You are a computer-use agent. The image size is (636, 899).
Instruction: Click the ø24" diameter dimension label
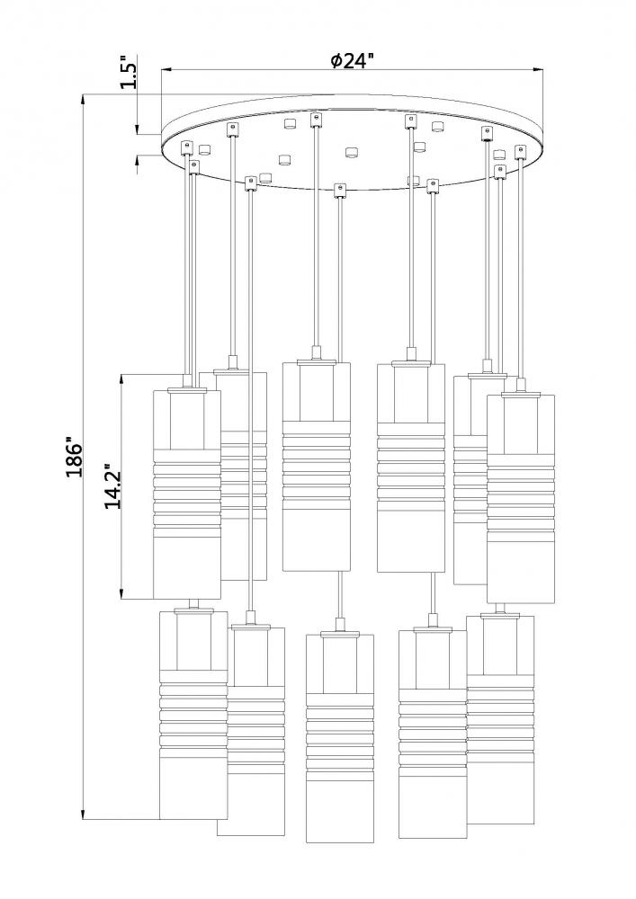tap(352, 61)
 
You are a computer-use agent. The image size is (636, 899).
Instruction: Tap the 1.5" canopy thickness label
tap(129, 74)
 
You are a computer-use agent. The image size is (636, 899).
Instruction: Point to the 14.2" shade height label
tap(112, 487)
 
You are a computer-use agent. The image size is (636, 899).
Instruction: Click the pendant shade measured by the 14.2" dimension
tap(187, 494)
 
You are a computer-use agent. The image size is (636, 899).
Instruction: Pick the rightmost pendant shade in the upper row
tap(521, 499)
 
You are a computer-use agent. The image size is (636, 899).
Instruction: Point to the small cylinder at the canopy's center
tap(350, 148)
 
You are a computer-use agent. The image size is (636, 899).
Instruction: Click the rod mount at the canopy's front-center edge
tap(339, 189)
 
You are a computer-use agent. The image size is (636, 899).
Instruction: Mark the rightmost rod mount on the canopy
tap(519, 149)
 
